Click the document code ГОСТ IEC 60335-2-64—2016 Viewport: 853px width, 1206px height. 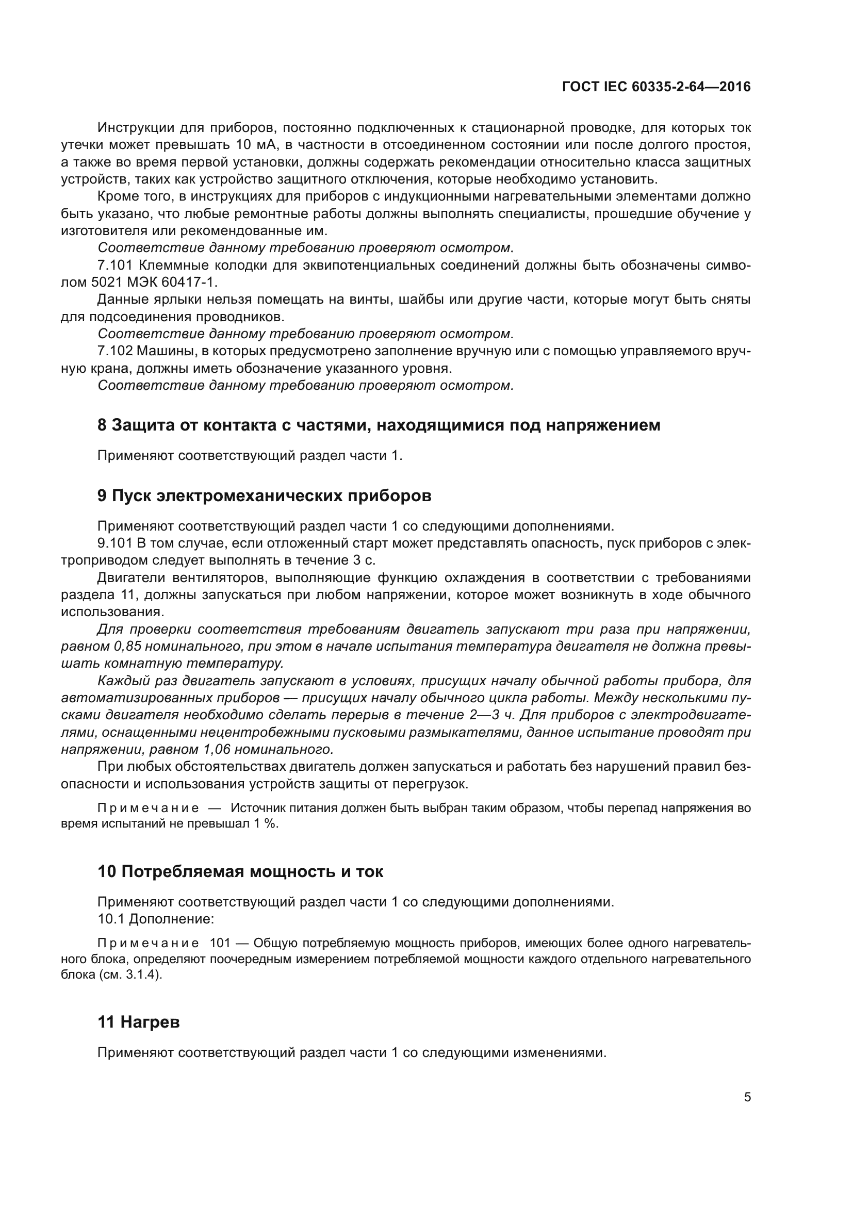656,87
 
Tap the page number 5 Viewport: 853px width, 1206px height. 747,1097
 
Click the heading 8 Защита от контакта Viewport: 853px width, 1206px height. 379,425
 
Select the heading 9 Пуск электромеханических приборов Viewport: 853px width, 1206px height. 264,495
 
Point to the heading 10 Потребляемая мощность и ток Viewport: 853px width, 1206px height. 240,871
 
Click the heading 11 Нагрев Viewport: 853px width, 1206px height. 139,1021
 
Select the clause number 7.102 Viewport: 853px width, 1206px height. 115,351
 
